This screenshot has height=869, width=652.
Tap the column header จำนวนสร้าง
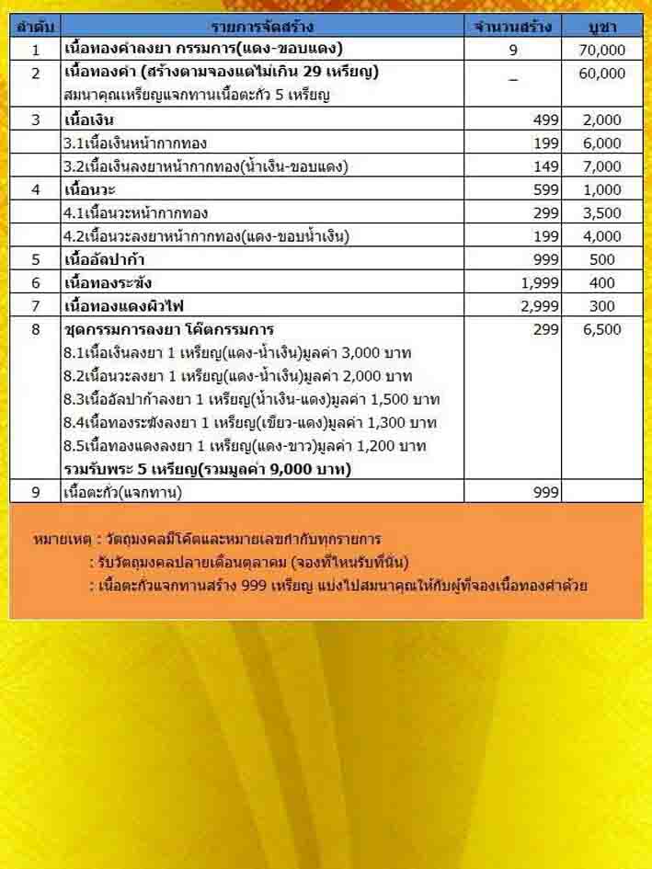512,26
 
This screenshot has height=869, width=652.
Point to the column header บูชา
602,26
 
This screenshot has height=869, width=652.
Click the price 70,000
602,50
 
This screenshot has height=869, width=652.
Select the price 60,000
602,74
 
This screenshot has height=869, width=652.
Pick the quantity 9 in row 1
513,50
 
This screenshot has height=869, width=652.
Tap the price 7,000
602,166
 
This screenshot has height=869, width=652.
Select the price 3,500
602,213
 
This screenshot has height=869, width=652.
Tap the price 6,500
602,329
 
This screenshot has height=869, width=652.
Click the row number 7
36,306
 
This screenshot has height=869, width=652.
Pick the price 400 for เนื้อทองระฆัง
602,283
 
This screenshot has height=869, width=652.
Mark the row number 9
36,492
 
